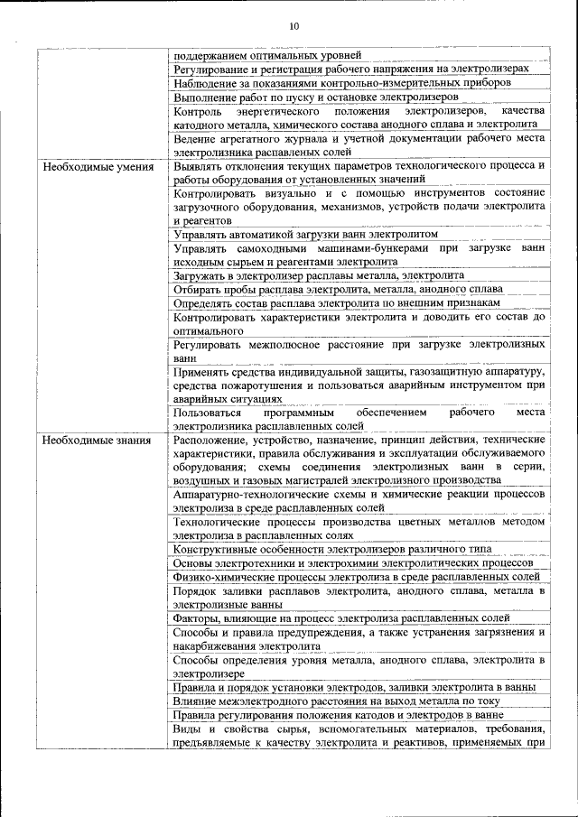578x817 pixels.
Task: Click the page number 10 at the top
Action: pyautogui.click(x=294, y=26)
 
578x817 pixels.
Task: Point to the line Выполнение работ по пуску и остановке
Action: pyautogui.click(x=316, y=96)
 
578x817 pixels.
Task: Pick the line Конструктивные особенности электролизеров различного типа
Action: pyautogui.click(x=332, y=549)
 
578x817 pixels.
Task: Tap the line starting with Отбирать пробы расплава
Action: pyautogui.click(x=338, y=289)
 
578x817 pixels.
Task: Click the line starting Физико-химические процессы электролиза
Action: pyautogui.click(x=357, y=576)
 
